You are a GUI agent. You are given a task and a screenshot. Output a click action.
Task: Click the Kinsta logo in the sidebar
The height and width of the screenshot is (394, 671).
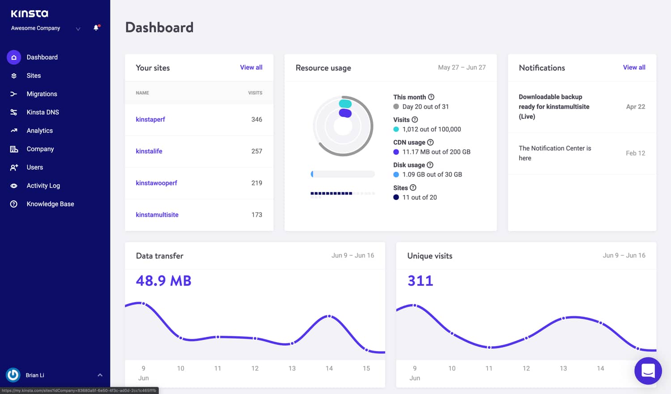coord(30,14)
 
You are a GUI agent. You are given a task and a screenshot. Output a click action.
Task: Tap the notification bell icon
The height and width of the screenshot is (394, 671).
coord(96,28)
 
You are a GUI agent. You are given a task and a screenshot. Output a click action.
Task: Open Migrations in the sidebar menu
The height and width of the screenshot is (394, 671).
coord(42,94)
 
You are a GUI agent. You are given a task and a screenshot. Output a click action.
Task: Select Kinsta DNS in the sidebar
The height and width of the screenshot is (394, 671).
coord(42,112)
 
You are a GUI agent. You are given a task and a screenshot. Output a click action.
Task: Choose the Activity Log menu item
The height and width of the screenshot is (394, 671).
coord(43,186)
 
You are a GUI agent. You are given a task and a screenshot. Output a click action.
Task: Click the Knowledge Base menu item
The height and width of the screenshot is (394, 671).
coord(50,204)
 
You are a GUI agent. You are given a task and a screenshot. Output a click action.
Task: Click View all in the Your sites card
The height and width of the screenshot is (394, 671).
coord(251,68)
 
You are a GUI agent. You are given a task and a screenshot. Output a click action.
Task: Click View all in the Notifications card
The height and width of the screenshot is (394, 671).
coord(634,68)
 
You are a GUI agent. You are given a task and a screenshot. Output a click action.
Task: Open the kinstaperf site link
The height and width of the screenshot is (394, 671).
coord(150,119)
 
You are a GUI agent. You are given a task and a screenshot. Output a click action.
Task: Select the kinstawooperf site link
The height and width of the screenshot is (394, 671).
coord(156,183)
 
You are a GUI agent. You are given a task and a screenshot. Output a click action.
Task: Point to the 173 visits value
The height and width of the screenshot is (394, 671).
coord(257,215)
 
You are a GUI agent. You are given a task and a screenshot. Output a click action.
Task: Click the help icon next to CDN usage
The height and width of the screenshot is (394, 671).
coord(430,142)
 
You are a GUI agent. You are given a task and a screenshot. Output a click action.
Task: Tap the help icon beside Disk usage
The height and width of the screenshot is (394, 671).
coord(430,165)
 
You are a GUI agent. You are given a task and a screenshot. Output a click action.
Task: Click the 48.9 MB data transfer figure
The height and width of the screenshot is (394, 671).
coord(163,281)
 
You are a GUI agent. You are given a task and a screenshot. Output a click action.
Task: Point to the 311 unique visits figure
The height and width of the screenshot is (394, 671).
coord(420,281)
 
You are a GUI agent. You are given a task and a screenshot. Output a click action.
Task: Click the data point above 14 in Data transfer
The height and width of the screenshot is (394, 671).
coord(329,316)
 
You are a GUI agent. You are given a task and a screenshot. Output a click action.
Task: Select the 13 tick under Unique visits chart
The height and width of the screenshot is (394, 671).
coord(563,369)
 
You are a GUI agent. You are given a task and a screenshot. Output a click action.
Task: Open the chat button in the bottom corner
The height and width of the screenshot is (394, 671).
coord(648,371)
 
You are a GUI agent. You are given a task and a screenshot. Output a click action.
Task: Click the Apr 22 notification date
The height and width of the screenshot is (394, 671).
coord(635,107)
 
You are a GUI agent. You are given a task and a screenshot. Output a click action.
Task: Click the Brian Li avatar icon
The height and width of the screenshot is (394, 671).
coord(13,375)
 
